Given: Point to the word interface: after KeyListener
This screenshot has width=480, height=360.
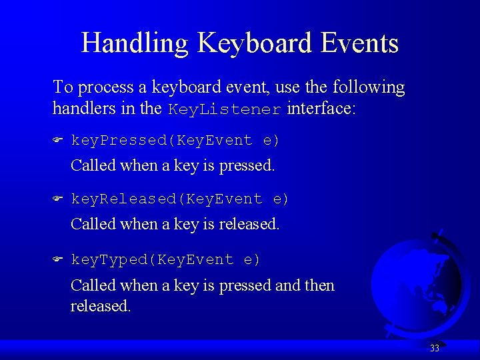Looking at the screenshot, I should click(x=321, y=109).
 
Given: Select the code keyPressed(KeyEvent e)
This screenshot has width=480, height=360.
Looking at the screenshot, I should click(x=175, y=141).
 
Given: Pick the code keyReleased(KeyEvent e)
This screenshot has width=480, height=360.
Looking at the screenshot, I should click(x=180, y=199).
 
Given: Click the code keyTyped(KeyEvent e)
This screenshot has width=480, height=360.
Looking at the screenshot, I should click(x=166, y=259).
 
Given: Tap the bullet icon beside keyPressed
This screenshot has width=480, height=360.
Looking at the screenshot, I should click(x=58, y=141).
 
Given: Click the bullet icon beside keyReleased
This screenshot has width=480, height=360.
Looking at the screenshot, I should click(x=58, y=199).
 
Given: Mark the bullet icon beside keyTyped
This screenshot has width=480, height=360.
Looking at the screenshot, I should click(x=58, y=259).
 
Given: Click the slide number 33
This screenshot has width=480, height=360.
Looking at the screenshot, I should click(x=435, y=348).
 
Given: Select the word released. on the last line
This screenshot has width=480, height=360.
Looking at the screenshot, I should click(x=101, y=306).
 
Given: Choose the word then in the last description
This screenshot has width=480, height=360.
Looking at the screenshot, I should click(x=319, y=285).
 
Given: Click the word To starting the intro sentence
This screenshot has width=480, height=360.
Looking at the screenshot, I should click(x=63, y=87).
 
